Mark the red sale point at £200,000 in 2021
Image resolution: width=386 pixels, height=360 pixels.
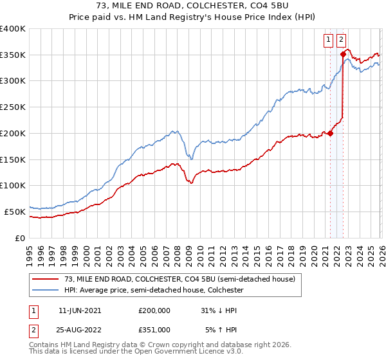[x=330, y=134]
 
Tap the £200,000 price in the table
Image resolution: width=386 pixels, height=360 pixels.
[x=154, y=310]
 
